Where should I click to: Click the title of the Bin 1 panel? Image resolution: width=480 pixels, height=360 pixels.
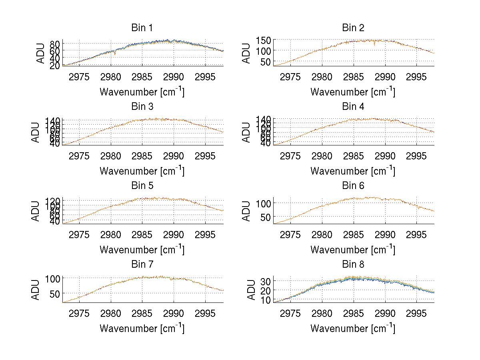coord(142,28)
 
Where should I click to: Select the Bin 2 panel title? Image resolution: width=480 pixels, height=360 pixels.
coord(353,28)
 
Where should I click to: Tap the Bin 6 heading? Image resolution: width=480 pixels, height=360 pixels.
coord(353,185)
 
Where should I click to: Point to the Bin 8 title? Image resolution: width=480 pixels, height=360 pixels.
coord(353,264)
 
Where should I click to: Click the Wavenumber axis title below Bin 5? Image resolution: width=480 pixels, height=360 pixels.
coord(142,249)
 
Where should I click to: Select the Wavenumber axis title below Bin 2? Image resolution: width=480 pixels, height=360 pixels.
coord(353,91)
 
